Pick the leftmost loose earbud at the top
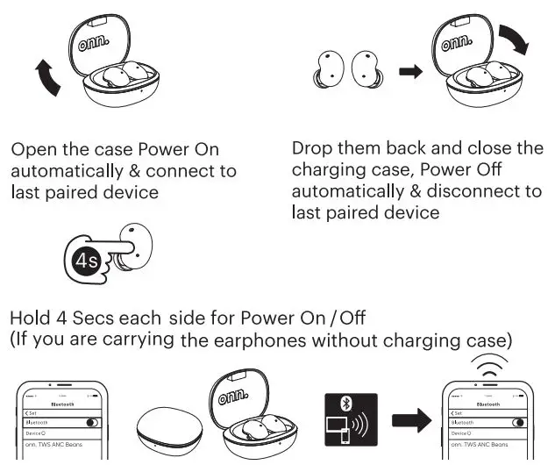point(326,71)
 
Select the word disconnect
point(480,191)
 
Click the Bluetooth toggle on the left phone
point(90,423)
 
